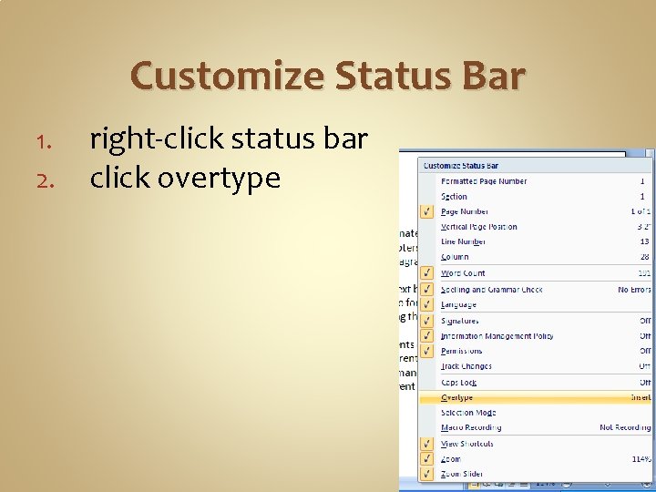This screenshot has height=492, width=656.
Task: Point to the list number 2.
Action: click(50, 179)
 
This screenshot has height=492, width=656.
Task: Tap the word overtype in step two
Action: click(219, 179)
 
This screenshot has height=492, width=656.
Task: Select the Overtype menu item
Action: click(456, 398)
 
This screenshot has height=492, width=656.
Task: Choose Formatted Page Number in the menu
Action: click(483, 181)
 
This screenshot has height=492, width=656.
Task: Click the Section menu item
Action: click(454, 197)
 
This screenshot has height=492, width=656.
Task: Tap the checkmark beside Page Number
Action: click(425, 211)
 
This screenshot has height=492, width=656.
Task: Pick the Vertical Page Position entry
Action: click(478, 227)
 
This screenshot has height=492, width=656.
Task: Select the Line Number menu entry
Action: click(463, 241)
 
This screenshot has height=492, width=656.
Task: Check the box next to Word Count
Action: click(425, 273)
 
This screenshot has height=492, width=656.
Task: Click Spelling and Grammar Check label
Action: click(491, 290)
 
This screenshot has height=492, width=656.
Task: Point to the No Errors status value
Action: click(634, 290)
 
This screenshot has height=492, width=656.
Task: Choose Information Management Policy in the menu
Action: click(497, 336)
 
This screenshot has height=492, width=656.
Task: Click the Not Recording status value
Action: click(625, 427)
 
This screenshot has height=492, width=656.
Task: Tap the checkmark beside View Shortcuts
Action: click(425, 444)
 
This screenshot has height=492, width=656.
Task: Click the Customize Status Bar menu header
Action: click(461, 166)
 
